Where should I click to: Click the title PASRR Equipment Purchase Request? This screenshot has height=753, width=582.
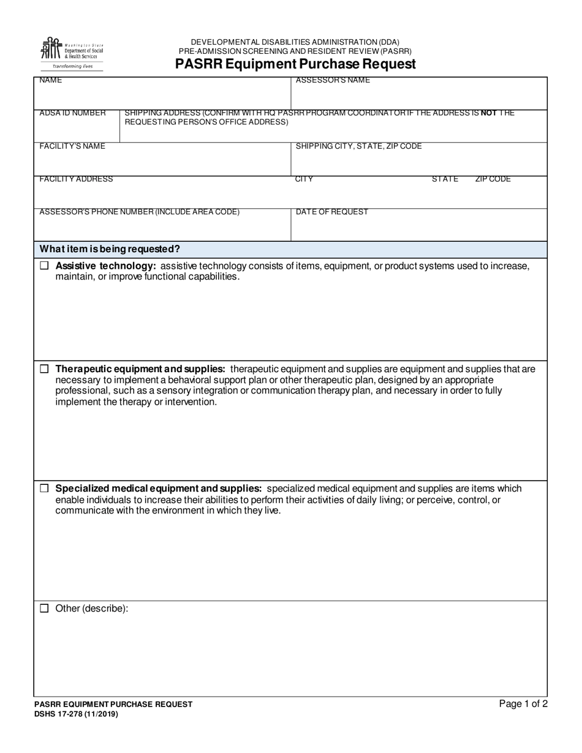(295, 64)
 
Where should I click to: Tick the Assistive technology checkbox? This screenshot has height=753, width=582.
(44, 266)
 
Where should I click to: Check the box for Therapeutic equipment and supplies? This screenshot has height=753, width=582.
(44, 369)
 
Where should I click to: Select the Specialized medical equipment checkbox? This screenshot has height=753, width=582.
(44, 489)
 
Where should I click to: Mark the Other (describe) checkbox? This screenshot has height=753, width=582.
(44, 609)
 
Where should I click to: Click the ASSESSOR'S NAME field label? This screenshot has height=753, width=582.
(333, 81)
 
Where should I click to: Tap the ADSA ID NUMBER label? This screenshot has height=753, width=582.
(72, 113)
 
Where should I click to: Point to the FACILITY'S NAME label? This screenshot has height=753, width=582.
(72, 146)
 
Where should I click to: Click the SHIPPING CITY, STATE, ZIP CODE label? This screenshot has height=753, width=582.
(358, 146)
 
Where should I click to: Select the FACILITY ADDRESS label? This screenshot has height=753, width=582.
(76, 179)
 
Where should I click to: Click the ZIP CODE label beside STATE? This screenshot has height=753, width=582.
(493, 179)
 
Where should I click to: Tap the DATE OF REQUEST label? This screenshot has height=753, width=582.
(332, 212)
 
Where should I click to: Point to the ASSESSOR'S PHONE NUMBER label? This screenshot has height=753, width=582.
(139, 212)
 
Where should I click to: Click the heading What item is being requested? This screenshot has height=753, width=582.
(110, 249)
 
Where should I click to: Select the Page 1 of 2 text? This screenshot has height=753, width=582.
(523, 704)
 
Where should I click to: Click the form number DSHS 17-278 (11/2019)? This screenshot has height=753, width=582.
(76, 714)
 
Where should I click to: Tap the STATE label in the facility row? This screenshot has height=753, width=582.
(445, 179)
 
